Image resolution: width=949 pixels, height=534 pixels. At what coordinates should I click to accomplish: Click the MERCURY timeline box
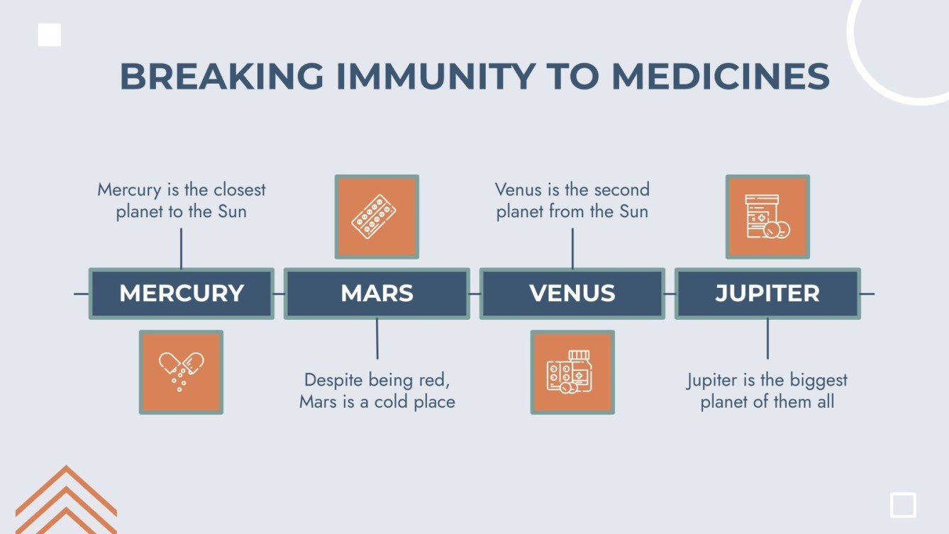click(181, 294)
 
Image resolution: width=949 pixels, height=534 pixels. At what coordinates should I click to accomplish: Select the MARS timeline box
click(377, 294)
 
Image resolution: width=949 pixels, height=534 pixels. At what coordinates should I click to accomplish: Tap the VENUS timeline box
click(572, 294)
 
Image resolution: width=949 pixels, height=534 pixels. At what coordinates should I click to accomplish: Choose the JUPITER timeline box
click(767, 294)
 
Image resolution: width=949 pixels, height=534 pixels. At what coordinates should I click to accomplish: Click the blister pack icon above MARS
click(377, 216)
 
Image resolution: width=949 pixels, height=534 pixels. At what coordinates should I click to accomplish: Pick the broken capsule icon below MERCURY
click(181, 372)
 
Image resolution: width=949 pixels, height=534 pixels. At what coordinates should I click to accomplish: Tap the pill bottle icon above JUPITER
click(767, 216)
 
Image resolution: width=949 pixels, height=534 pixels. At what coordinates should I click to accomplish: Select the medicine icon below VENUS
click(572, 372)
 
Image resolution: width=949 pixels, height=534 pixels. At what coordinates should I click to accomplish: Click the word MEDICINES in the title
click(720, 77)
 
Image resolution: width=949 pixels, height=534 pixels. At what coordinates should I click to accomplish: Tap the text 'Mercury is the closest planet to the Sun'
click(181, 201)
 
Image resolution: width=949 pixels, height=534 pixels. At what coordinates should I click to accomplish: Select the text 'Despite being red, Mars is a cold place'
click(377, 391)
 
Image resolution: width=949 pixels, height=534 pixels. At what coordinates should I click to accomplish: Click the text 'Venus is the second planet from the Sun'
click(572, 201)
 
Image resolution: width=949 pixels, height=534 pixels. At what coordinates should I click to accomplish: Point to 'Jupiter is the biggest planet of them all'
click(767, 391)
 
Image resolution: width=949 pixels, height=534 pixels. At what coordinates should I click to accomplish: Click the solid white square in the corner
click(49, 35)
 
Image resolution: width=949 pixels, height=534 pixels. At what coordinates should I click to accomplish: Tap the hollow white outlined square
click(903, 505)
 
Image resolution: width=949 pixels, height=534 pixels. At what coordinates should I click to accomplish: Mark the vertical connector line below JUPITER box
click(767, 339)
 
